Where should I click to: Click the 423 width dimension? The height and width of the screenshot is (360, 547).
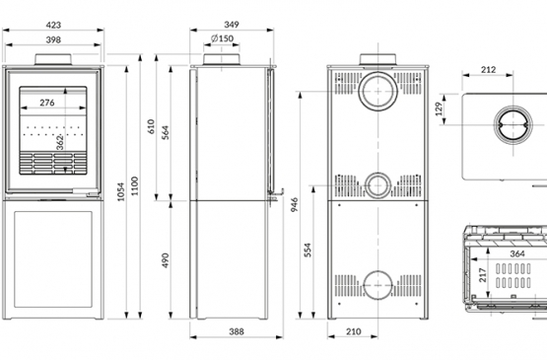point(53,25)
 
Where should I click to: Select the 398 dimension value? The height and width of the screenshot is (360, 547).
point(53,39)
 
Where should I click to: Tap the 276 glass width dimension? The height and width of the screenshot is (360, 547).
point(47,103)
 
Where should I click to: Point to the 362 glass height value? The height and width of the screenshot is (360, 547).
point(60,143)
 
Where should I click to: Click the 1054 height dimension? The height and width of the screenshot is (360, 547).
point(120,191)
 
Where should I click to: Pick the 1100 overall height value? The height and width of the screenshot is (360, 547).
point(135,186)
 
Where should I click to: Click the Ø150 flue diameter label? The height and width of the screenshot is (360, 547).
point(222,38)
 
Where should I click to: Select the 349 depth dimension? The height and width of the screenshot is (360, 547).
point(232,25)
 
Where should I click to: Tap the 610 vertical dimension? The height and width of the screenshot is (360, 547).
point(151,126)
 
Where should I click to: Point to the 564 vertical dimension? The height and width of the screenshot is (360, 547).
point(166,133)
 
